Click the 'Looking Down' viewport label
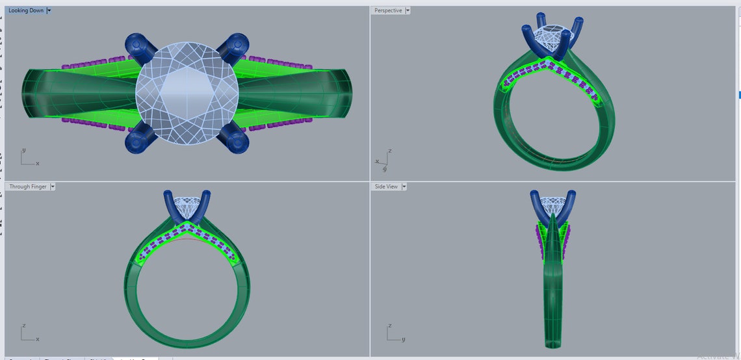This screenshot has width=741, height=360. (26, 10)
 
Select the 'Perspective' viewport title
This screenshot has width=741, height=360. (388, 10)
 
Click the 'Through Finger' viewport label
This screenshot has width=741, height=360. (28, 186)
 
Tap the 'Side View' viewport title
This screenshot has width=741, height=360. (386, 186)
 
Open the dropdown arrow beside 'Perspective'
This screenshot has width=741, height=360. (408, 10)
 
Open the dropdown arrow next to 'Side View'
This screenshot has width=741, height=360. (404, 186)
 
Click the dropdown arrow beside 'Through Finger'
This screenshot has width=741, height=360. (53, 186)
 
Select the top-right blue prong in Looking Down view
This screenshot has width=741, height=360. (231, 47)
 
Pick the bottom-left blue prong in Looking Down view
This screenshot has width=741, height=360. (140, 138)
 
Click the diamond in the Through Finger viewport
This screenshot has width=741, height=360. (187, 209)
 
